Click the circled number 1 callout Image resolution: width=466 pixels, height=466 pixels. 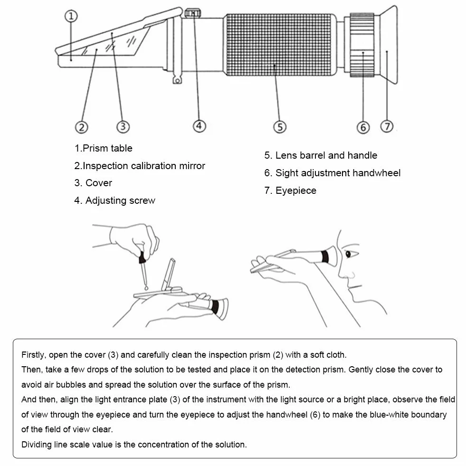pos(71,16)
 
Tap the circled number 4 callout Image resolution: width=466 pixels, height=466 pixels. pos(199,126)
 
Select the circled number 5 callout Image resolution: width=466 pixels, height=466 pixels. pos(280,127)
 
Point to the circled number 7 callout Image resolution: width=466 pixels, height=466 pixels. pos(387,126)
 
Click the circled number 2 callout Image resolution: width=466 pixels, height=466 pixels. pos(81,127)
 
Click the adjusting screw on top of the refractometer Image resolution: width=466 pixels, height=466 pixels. pos(192,13)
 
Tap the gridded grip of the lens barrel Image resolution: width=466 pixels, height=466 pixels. pos(279,45)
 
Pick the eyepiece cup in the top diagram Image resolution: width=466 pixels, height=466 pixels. pos(389,45)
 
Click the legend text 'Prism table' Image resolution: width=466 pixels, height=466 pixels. pos(107,148)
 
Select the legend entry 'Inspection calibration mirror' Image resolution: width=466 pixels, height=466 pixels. pos(144,165)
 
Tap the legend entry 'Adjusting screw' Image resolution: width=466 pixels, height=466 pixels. pos(120,200)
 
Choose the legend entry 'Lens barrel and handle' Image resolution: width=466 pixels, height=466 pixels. pos(326,155)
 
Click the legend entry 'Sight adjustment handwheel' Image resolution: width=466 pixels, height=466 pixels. pos(338,172)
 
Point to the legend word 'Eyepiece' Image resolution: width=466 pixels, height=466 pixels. pos(296,190)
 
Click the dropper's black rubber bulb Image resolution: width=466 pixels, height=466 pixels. pos(143,257)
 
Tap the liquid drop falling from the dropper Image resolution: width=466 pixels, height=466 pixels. pos(146,288)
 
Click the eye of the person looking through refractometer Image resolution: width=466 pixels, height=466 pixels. pos(348,254)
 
